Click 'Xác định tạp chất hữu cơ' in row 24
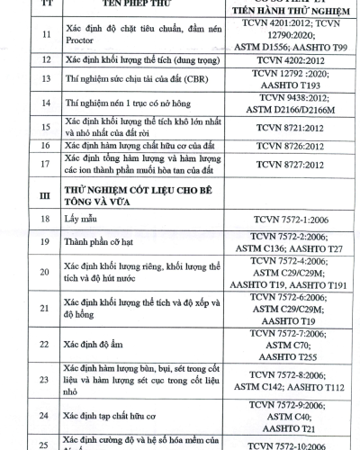pyautogui.click(x=112, y=417)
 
